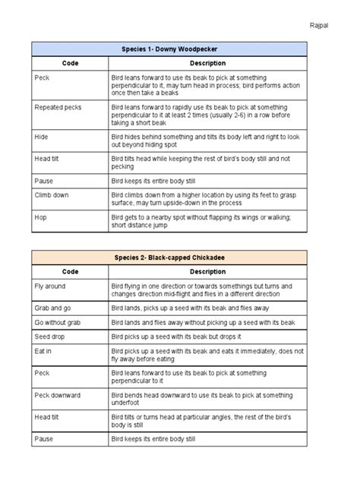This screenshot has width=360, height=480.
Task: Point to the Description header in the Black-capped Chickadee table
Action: [x=207, y=271]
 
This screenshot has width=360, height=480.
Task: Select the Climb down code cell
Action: [x=52, y=194]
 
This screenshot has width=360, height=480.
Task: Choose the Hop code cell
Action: [x=41, y=216]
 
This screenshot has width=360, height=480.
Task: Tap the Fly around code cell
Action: [x=51, y=286]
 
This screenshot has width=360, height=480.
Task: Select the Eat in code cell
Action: [x=44, y=352]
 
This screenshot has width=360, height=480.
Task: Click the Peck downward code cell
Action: [x=58, y=395]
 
